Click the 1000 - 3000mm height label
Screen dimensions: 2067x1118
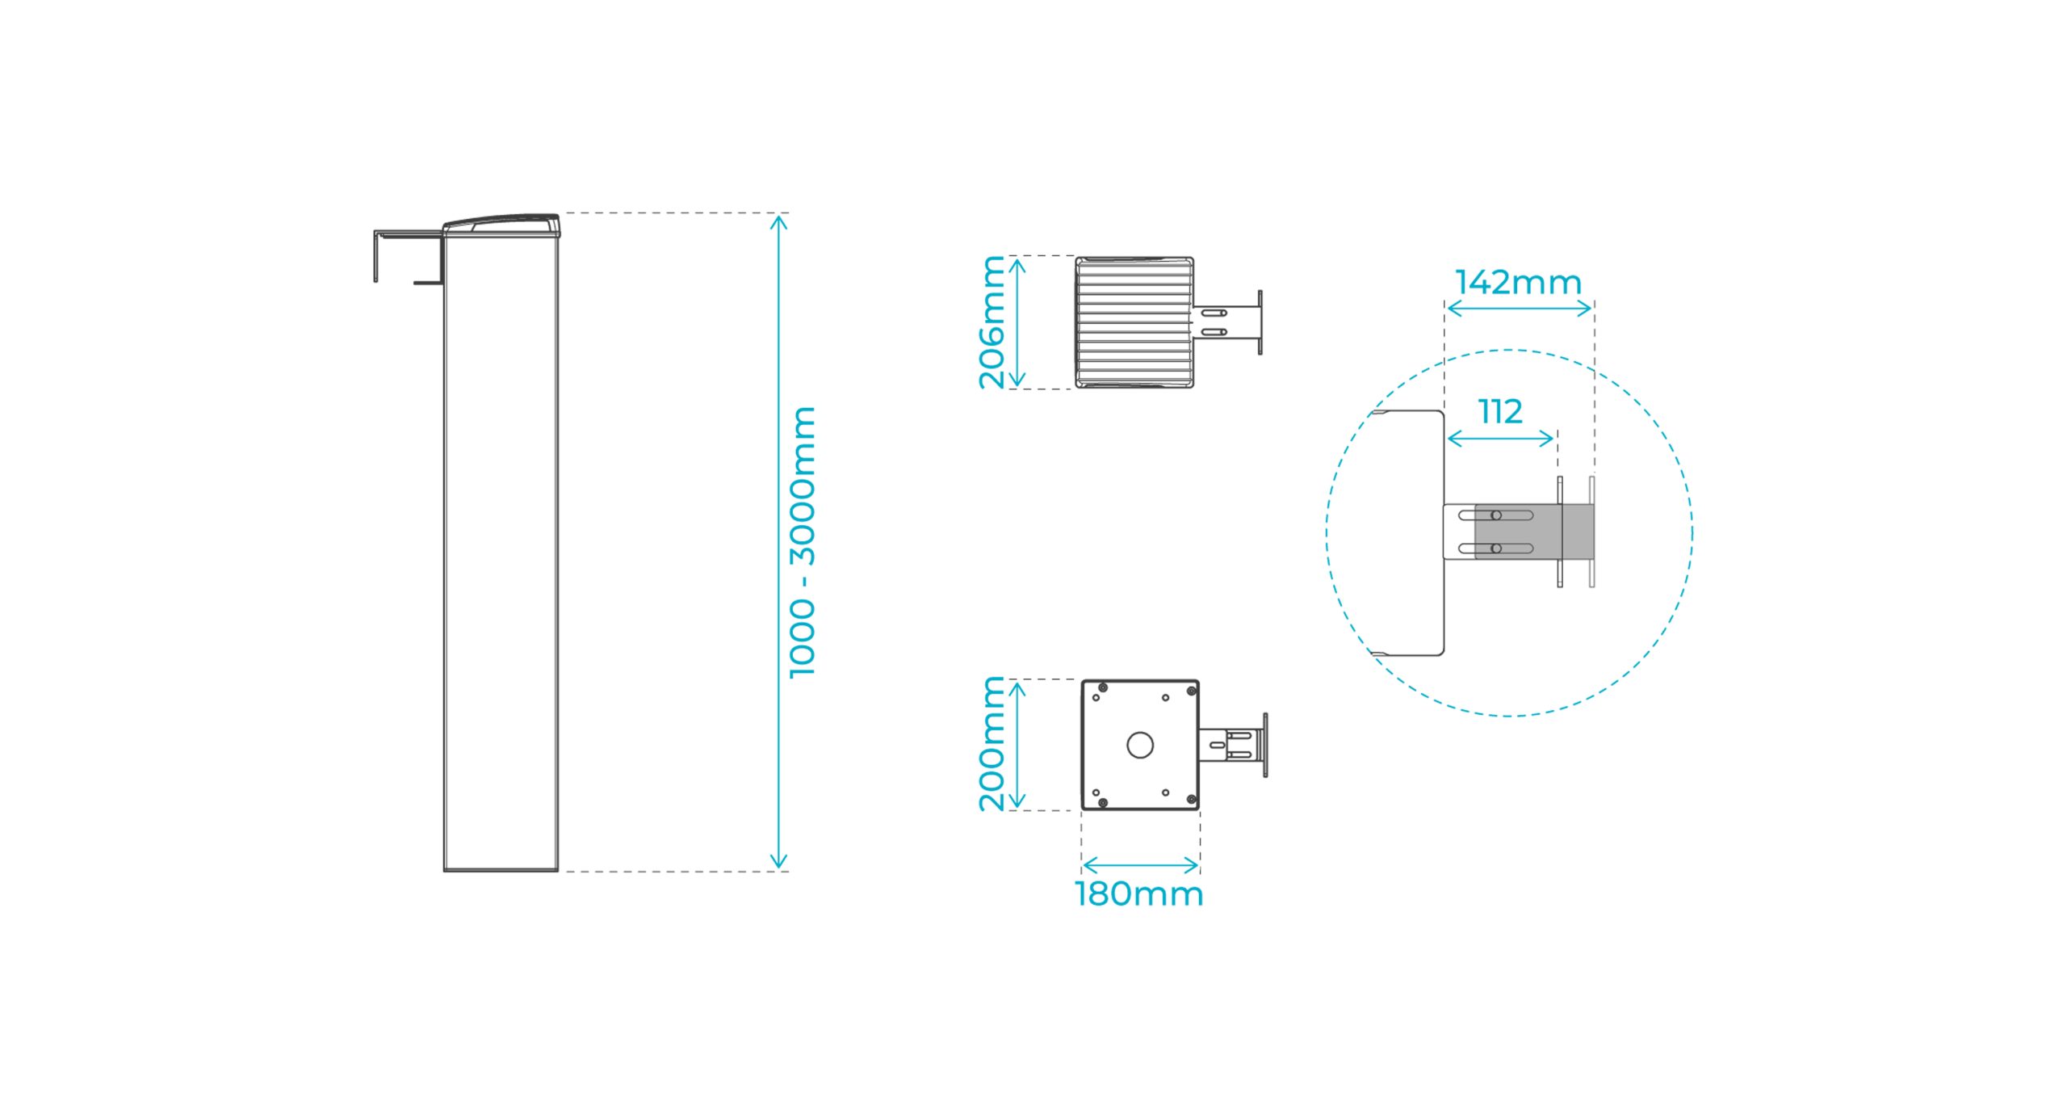[803, 542]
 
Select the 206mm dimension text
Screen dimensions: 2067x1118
[992, 322]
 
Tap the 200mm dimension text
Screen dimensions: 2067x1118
[992, 744]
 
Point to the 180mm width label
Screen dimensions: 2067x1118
[1139, 894]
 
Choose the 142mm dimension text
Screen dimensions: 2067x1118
[1519, 283]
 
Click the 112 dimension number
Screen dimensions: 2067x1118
[1501, 412]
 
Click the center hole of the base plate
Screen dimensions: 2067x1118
[1140, 745]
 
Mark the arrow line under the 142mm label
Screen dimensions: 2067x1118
[1519, 308]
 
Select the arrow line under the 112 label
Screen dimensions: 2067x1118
[1501, 439]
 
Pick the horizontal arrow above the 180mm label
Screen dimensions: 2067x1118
[1140, 866]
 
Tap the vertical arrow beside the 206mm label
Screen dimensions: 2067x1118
[1017, 322]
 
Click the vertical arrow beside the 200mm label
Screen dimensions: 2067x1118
[1017, 745]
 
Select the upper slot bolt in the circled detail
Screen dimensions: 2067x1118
[1496, 515]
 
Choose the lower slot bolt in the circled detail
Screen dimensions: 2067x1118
[1496, 548]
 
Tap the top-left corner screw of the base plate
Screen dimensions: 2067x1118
[1103, 688]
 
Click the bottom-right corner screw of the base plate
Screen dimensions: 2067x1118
[1191, 801]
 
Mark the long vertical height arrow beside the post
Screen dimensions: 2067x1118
[778, 542]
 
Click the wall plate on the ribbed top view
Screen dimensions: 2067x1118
[1260, 322]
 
